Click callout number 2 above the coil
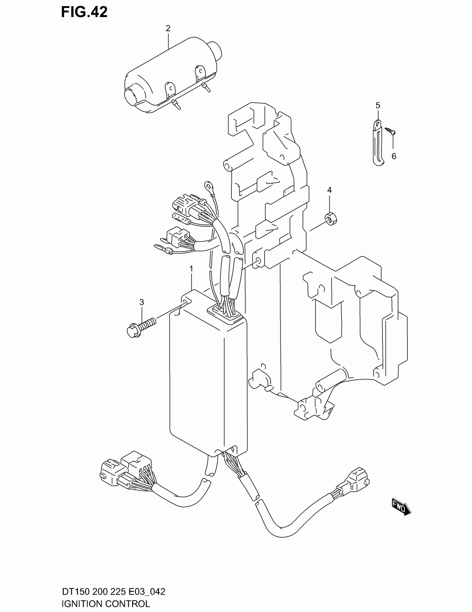point(168,29)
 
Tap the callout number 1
point(191,269)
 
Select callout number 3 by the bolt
point(141,302)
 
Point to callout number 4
point(329,190)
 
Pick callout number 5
point(378,105)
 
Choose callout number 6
point(394,156)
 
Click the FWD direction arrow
point(401,507)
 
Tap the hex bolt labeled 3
point(141,326)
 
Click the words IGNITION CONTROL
point(106,604)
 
